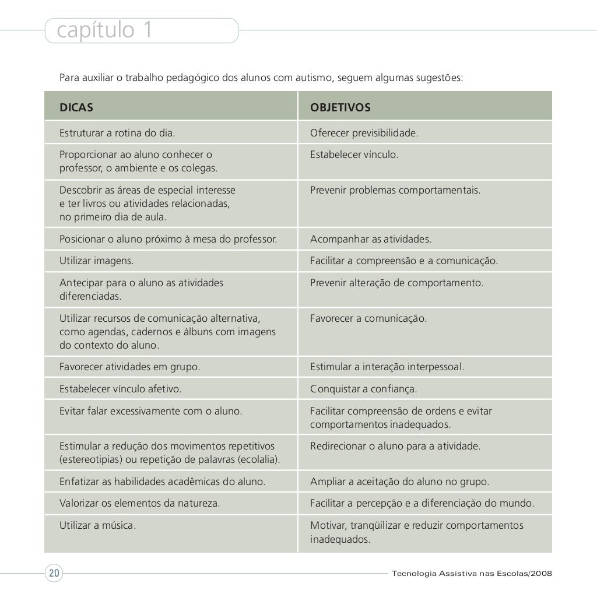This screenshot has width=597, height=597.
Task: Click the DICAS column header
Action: pos(76,108)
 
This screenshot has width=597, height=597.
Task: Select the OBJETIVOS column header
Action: pos(340,108)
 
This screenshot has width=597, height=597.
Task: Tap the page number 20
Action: pos(54,573)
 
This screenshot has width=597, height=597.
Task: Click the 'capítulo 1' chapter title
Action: pos(105,31)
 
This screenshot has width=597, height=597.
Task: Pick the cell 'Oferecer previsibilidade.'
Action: pos(364,133)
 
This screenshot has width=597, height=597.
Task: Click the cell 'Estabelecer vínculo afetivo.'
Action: pos(121,389)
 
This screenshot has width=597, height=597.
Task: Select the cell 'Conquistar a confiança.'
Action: pos(364,389)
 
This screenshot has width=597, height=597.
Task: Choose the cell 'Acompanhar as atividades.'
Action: pos(371,239)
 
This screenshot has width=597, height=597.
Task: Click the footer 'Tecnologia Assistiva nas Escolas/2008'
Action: pos(472,573)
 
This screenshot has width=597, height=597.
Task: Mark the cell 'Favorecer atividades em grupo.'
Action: pos(129,367)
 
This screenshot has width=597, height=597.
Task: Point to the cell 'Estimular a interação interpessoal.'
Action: pos(387,367)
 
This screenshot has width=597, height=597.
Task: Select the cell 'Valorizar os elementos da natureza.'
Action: pos(140,503)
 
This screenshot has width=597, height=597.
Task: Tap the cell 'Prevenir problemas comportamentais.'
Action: pos(395,190)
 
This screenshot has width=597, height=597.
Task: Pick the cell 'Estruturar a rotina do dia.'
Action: pos(117,133)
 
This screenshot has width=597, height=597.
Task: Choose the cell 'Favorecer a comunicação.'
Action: pos(368,319)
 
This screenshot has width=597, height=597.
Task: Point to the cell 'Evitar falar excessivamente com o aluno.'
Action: pos(150,411)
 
